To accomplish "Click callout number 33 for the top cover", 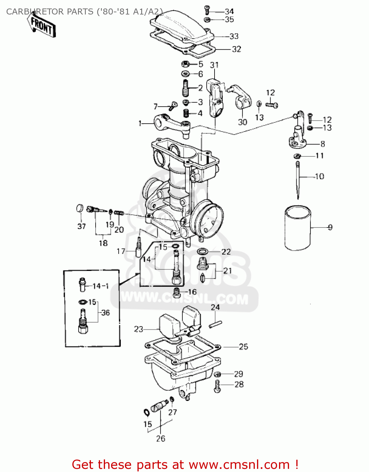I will tap(234, 37).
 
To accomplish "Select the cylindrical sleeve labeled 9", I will tap(297, 228).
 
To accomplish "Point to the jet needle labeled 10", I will tap(298, 179).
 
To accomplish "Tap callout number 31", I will tap(214, 65).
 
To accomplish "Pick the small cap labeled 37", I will tap(80, 208).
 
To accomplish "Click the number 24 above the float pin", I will tap(215, 307).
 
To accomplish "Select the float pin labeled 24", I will tap(215, 324).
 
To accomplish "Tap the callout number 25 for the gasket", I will tap(243, 347).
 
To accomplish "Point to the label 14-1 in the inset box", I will tap(101, 286).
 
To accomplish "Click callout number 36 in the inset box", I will tap(105, 313).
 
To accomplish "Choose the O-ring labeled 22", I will tap(202, 251).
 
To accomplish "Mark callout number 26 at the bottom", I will tap(160, 438).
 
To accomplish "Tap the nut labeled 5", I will tap(185, 65).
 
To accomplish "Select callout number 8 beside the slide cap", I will tap(322, 144).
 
